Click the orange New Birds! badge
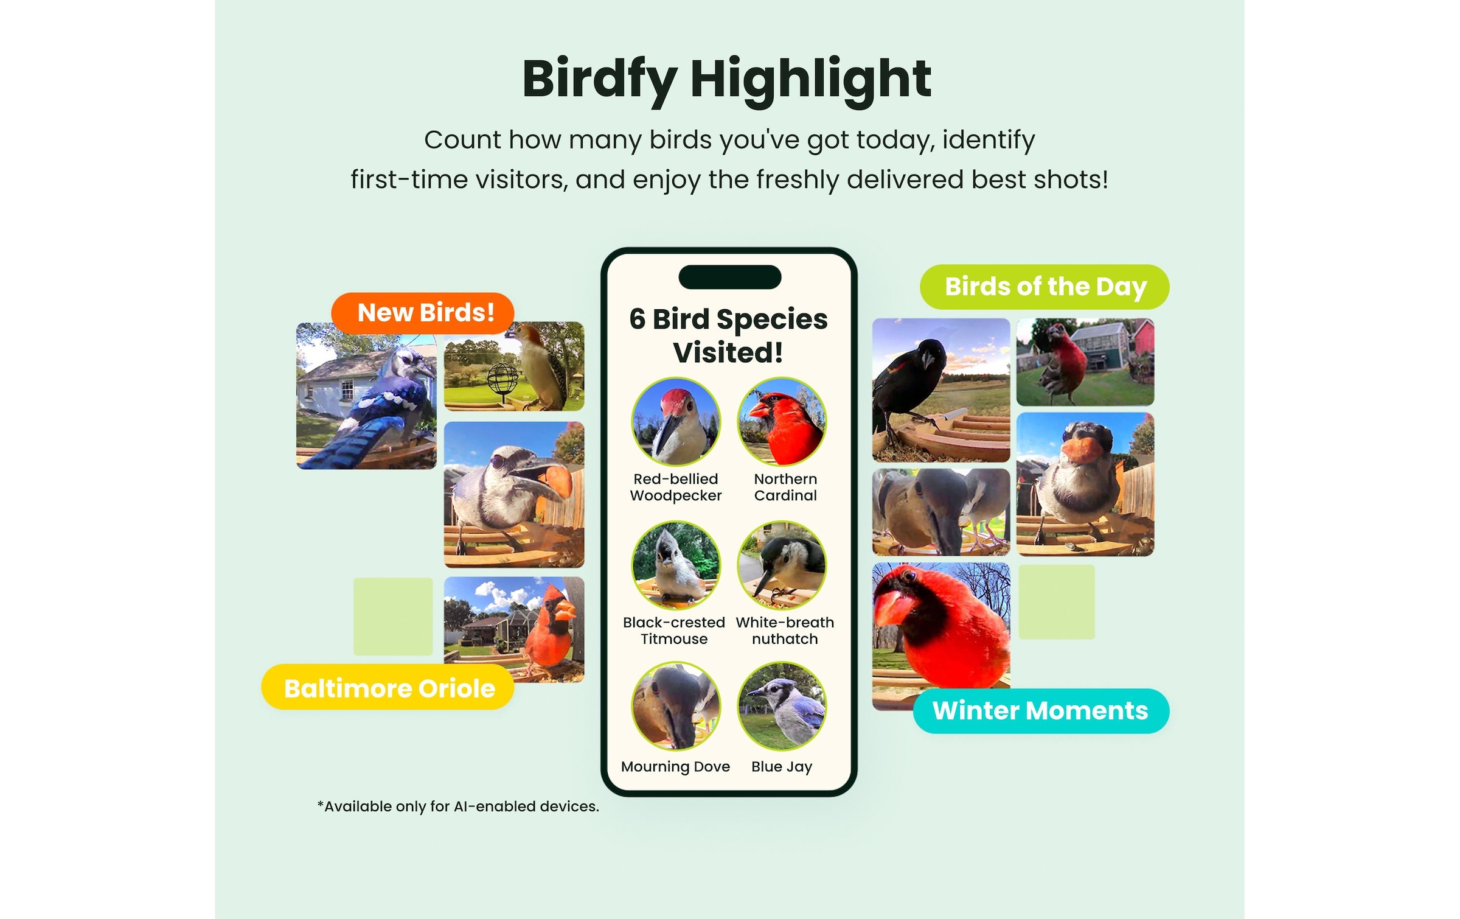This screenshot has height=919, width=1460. pos(423,313)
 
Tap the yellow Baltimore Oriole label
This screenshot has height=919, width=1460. pos(388,687)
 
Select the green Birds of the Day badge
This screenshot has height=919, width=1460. pos(1045,287)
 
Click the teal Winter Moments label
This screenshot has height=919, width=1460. pos(1041,711)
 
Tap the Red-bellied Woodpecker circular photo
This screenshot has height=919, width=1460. pos(676,422)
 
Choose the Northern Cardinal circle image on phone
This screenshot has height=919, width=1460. pos(782,422)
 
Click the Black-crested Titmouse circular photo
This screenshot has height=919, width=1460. pos(676,565)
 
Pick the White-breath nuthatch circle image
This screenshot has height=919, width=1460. pos(782,565)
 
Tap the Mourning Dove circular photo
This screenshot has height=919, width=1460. pos(676,707)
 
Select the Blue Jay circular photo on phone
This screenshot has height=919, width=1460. pos(782,707)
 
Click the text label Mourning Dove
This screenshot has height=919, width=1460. pos(675,767)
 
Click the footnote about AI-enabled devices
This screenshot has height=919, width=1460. pos(458,806)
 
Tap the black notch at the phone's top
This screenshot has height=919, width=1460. pos(729,277)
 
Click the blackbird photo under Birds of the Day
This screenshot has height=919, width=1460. pos(940,390)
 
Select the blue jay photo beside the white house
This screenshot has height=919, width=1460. pos(366,396)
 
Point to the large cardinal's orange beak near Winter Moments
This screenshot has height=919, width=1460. pos(894,606)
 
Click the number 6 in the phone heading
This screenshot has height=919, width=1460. pos(637,319)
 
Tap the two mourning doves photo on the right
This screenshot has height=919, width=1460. pos(940,512)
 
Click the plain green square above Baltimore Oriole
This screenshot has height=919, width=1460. pos(393,617)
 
